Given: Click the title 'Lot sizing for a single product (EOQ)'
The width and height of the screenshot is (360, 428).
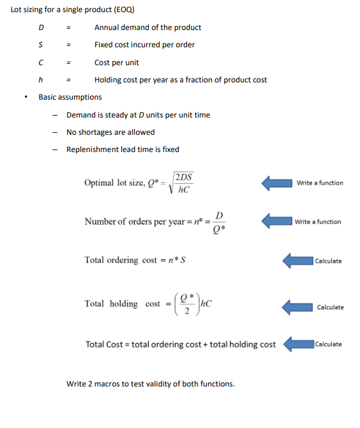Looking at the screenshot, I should [72, 11].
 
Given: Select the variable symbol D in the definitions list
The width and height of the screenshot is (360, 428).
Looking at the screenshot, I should [41, 27].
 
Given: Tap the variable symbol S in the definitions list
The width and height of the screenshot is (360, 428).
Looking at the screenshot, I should [41, 45].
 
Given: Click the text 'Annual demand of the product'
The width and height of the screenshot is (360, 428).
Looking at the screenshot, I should [147, 27].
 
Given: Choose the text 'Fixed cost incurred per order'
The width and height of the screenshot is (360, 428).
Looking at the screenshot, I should [144, 45].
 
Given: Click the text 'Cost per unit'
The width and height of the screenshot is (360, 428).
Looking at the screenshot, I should [116, 63].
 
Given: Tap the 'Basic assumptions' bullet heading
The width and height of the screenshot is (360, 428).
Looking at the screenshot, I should [70, 97].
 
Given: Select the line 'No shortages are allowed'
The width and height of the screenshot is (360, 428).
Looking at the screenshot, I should [110, 132].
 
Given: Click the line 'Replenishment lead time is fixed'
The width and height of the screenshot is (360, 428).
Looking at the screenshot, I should [123, 149].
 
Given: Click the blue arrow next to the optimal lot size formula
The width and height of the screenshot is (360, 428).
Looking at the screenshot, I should [276, 183].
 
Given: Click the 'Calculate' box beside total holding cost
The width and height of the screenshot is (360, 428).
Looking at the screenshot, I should [329, 307].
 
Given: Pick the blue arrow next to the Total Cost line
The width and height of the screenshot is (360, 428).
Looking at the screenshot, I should [297, 344].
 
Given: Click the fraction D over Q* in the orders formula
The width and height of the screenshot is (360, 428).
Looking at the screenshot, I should [220, 222].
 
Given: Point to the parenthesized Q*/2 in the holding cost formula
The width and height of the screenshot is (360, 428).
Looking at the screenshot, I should [186, 305].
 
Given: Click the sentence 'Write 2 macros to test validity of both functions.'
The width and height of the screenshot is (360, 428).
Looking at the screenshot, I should [150, 384].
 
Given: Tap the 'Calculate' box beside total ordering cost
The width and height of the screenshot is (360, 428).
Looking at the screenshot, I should [328, 261].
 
